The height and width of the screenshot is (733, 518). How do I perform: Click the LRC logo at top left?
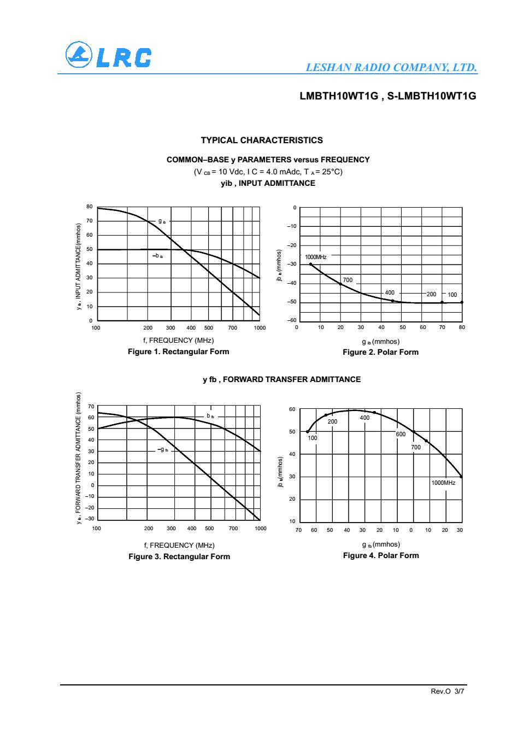point(108,56)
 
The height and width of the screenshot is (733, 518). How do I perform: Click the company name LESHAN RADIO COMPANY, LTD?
point(392,68)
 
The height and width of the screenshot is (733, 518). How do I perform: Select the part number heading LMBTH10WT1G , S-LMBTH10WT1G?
point(388,96)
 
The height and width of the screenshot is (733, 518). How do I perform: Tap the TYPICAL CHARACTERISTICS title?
point(262,140)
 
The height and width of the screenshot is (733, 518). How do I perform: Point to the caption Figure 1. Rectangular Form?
point(178,351)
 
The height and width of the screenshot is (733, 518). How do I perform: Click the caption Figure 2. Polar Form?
point(380,352)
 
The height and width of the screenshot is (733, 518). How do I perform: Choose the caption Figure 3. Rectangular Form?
point(179,556)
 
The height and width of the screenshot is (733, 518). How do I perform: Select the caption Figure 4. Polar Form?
point(381,555)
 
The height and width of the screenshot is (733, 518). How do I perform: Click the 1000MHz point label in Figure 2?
point(316,257)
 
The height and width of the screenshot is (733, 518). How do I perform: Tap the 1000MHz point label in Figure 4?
point(443,483)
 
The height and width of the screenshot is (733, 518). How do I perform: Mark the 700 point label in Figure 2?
point(348,280)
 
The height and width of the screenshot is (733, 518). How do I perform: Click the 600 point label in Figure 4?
point(401,434)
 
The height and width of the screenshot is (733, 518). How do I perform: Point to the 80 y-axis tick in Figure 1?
point(90,207)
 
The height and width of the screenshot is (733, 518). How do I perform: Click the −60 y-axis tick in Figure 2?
point(293,320)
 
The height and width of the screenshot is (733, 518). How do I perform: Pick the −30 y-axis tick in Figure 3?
point(90,519)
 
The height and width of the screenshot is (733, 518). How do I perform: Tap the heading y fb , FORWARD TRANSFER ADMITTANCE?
point(281,379)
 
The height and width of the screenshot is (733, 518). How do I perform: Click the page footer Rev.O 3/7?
point(448,691)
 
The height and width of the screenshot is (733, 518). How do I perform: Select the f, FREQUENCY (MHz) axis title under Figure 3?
point(179,545)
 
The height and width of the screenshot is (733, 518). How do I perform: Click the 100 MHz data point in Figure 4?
point(308,432)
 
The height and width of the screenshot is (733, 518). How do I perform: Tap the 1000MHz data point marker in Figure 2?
point(311,265)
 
